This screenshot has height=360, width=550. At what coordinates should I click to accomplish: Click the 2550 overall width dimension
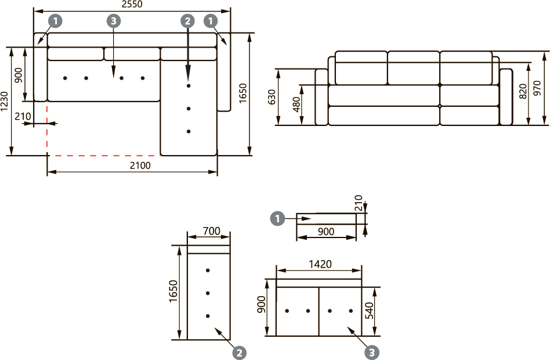click(132, 4)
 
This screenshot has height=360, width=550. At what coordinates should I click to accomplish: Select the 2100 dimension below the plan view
click(140, 165)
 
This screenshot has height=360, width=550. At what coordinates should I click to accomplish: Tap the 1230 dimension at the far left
click(4, 102)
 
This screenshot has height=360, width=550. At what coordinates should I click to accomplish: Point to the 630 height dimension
click(272, 97)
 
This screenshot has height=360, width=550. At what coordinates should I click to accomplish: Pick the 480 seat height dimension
click(296, 105)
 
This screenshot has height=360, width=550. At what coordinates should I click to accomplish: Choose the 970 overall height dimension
click(537, 88)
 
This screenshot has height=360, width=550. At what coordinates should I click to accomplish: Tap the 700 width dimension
click(212, 231)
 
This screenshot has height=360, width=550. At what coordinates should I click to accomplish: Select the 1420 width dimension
click(320, 264)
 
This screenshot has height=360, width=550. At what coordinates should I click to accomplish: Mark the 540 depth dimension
click(370, 311)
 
